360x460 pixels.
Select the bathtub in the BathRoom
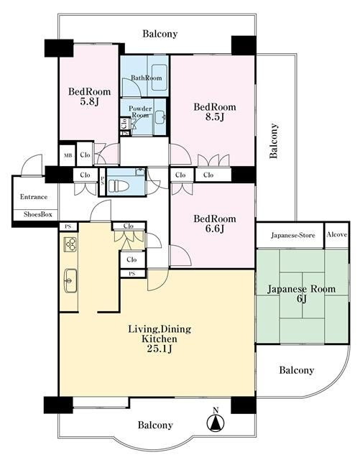[x=160, y=78]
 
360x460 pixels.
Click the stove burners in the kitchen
[x=70, y=244]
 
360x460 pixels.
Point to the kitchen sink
[x=70, y=280]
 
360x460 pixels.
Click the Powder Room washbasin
[x=160, y=118]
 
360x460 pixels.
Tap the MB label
[x=68, y=155]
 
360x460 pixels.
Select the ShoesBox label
[x=38, y=214]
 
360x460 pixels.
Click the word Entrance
[x=34, y=197]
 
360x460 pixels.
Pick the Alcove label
[x=337, y=234]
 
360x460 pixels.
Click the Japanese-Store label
[x=292, y=235]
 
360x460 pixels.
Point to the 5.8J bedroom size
[x=90, y=102]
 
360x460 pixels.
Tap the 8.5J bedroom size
[x=215, y=117]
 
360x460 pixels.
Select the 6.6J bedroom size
[x=215, y=229]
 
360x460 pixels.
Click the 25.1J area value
[x=160, y=349]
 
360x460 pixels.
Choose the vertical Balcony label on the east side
[x=274, y=141]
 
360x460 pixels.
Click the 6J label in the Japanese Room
[x=302, y=299]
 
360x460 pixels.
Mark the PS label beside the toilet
[x=102, y=180]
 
